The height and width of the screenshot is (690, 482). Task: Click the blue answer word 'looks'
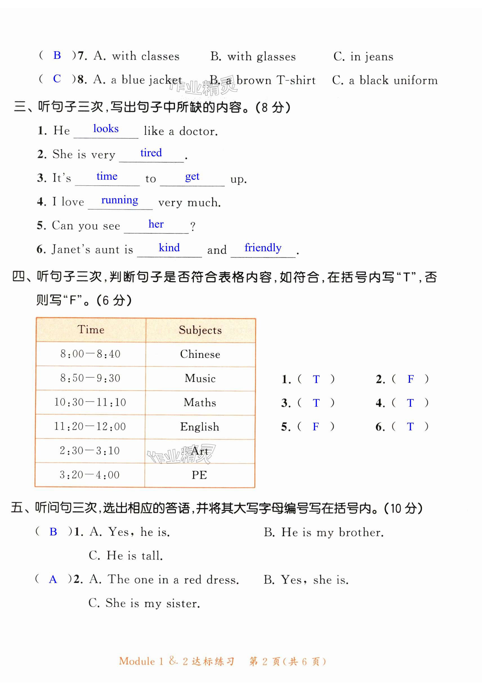pyautogui.click(x=106, y=129)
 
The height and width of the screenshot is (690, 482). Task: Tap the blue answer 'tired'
pyautogui.click(x=151, y=153)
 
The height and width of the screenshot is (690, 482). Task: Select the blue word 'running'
pyautogui.click(x=120, y=200)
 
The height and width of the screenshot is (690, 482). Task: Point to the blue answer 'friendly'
pyautogui.click(x=263, y=248)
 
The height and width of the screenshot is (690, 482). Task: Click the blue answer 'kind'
pyautogui.click(x=169, y=248)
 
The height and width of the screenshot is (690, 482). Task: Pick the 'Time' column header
pyautogui.click(x=91, y=330)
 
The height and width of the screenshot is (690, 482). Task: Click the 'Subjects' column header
pyautogui.click(x=200, y=330)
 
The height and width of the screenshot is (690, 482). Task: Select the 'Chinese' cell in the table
pyautogui.click(x=200, y=354)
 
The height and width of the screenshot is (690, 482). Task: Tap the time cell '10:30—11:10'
pyautogui.click(x=90, y=402)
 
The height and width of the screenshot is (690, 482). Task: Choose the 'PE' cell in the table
pyautogui.click(x=199, y=475)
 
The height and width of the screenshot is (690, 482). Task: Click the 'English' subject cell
pyautogui.click(x=200, y=427)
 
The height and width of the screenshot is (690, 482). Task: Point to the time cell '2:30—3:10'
pyautogui.click(x=89, y=451)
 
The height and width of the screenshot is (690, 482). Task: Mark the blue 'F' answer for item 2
pyautogui.click(x=411, y=379)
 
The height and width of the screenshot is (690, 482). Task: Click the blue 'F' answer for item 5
pyautogui.click(x=316, y=426)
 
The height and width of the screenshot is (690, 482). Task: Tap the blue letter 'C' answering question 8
pyautogui.click(x=57, y=79)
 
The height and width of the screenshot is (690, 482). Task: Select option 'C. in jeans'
pyautogui.click(x=363, y=57)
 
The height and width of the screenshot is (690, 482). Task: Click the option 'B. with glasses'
pyautogui.click(x=253, y=57)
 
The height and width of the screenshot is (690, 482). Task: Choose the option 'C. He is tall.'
pyautogui.click(x=126, y=555)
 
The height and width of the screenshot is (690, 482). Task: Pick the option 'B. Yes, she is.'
pyautogui.click(x=306, y=580)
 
